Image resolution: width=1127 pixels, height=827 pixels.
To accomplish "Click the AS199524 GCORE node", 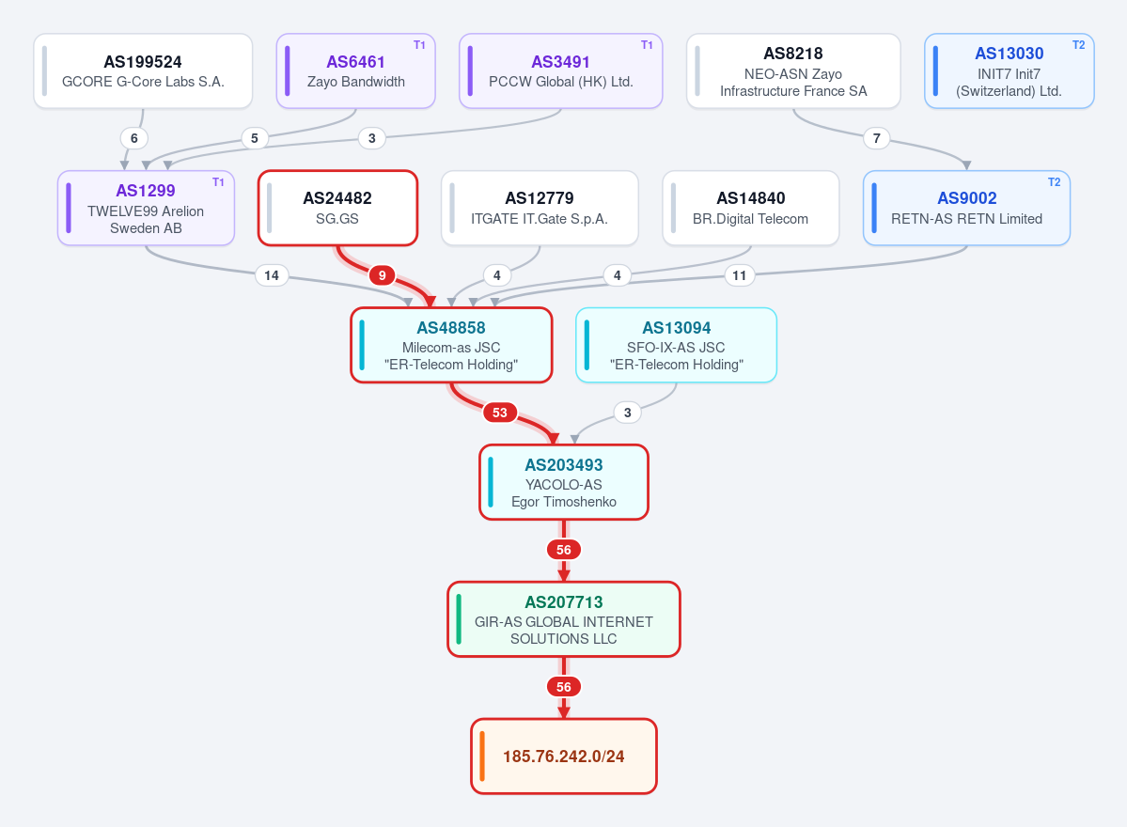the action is click(x=143, y=71).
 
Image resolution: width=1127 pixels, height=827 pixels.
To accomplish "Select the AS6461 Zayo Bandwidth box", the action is click(x=356, y=71).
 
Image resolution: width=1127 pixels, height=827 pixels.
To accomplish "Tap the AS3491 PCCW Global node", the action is click(x=560, y=71).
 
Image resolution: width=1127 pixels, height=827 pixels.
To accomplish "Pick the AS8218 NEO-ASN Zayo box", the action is click(x=793, y=71).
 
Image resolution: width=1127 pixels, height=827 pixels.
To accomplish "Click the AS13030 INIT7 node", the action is click(x=1010, y=71).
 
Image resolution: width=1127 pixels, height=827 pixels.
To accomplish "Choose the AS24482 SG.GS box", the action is click(x=337, y=209).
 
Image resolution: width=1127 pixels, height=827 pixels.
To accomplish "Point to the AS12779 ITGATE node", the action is click(x=540, y=209).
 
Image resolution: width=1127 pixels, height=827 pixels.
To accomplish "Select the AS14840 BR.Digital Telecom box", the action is click(x=750, y=209).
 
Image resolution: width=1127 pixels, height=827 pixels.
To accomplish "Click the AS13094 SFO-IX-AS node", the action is click(x=677, y=346).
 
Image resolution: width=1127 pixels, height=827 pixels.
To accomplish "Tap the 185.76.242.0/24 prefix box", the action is click(x=564, y=757).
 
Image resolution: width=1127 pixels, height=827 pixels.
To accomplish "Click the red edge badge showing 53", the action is click(x=499, y=413).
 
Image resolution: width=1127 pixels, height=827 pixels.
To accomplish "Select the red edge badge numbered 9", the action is click(x=382, y=275).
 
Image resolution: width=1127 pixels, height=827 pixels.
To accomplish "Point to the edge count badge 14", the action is click(x=272, y=275).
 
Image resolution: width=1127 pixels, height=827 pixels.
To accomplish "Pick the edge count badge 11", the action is click(x=740, y=275).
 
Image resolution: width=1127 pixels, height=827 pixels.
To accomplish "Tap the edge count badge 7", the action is click(x=876, y=138).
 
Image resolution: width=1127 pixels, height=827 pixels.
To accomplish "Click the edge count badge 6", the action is click(x=133, y=138).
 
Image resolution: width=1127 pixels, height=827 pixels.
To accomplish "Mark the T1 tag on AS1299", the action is click(x=218, y=182).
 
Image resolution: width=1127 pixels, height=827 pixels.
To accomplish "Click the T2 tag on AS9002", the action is click(x=1055, y=182).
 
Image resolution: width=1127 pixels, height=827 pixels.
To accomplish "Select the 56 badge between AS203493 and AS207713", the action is click(x=564, y=550).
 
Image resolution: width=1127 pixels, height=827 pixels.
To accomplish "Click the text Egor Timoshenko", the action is click(x=564, y=502).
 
